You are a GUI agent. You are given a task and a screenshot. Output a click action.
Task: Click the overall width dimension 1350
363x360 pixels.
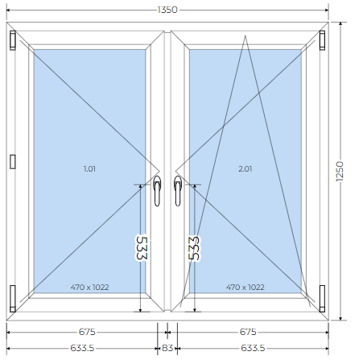pos(167,10)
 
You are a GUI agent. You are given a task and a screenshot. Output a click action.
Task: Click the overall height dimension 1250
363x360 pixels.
pos(340,172)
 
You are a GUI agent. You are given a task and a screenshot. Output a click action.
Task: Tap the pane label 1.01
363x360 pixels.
pos(89,169)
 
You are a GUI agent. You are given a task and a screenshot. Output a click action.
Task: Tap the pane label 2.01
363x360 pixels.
pos(245,169)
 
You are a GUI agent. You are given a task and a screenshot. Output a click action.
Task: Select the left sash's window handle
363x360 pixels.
pos(157,191)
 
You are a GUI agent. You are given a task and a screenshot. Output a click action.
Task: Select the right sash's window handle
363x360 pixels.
pos(178,191)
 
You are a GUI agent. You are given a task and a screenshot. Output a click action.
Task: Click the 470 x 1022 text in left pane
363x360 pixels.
pos(89,288)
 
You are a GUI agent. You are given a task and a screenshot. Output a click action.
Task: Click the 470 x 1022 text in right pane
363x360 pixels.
pos(245,288)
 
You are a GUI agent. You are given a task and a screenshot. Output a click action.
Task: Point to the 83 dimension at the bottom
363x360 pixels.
pos(167,348)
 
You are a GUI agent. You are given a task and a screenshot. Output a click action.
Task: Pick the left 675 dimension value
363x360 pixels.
pos(87,332)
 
